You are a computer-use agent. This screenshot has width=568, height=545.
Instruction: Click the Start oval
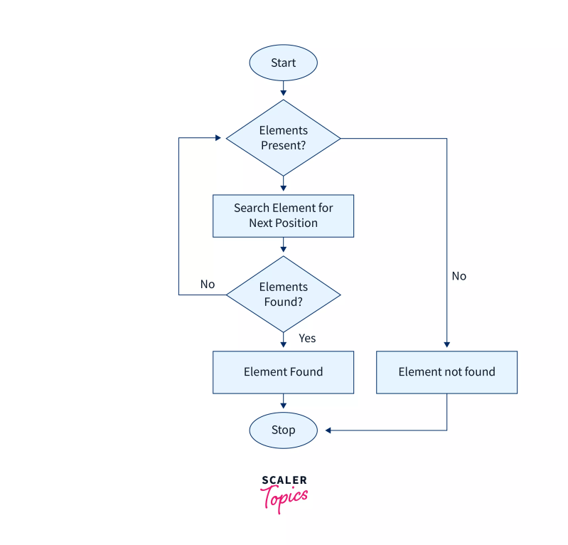283,63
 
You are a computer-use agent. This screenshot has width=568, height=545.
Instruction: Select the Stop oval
283,430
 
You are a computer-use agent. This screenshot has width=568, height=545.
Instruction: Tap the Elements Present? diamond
283,138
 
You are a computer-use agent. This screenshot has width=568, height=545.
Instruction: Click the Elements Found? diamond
283,295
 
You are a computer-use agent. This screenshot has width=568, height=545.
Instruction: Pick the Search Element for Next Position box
283,216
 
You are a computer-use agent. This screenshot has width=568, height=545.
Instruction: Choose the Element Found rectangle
283,372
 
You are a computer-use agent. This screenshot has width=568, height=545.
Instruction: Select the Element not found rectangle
446,372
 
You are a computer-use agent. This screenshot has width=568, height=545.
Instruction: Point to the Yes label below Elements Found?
307,338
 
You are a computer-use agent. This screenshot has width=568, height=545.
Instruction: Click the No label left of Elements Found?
207,284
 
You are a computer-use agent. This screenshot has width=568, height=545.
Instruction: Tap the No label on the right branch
459,276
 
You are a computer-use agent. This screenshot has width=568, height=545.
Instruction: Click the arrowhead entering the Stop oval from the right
328,430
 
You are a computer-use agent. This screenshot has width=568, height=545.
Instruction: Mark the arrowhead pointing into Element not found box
446,346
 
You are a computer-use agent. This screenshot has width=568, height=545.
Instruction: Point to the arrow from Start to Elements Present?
283,88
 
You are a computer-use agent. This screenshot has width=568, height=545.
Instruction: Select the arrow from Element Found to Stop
283,403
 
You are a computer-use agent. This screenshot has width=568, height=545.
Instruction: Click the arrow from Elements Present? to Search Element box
283,185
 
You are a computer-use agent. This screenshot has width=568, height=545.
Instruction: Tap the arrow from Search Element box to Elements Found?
283,246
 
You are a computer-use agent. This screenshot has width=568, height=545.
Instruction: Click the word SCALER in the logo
284,481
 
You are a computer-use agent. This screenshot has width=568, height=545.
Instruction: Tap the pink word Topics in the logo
284,497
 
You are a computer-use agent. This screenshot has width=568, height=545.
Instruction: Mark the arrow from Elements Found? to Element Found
283,340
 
